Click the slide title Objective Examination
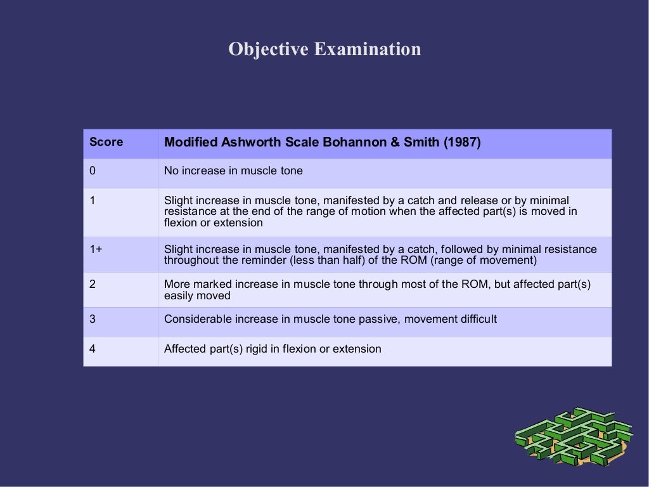pyautogui.click(x=324, y=49)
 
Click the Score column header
pyautogui.click(x=106, y=142)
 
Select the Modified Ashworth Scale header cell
pyautogui.click(x=322, y=142)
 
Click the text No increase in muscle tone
pyautogui.click(x=233, y=171)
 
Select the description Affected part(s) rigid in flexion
pyautogui.click(x=273, y=349)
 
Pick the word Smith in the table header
pyautogui.click(x=419, y=142)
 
